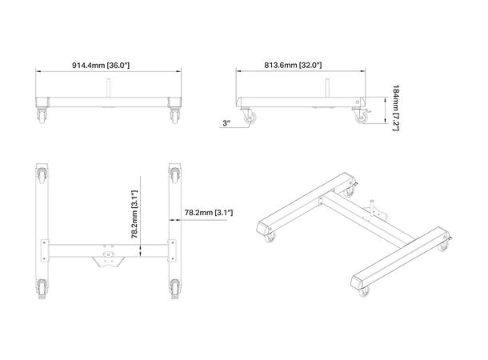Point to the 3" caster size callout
pyautogui.click(x=226, y=122)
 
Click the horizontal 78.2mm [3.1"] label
pyautogui.click(x=208, y=212)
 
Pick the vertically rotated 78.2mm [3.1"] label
pyautogui.click(x=136, y=212)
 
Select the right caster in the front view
pyautogui.click(x=174, y=114)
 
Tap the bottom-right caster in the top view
pyautogui.click(x=174, y=286)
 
